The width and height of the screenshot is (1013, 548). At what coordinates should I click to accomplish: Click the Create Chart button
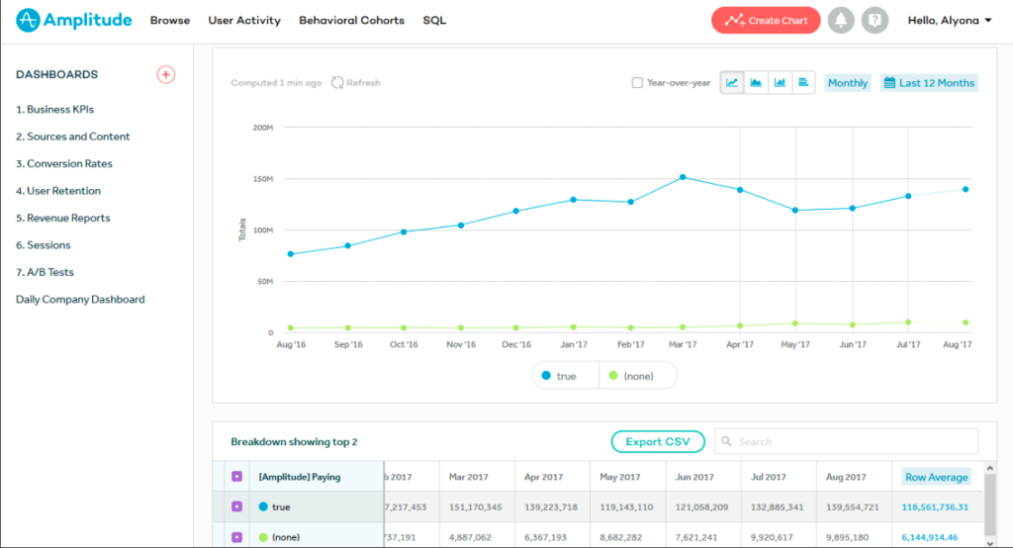[766, 21]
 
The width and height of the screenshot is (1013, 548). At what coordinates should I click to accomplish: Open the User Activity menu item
[244, 21]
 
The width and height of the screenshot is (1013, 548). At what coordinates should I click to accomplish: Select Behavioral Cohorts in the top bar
[351, 21]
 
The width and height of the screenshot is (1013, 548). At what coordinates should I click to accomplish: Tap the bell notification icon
[842, 21]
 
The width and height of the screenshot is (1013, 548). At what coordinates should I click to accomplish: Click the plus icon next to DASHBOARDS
[166, 74]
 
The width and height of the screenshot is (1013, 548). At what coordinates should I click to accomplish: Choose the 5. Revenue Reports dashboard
[62, 218]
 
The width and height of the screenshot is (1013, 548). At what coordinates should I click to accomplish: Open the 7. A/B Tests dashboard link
[45, 272]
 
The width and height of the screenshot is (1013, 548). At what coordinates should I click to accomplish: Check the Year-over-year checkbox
[638, 83]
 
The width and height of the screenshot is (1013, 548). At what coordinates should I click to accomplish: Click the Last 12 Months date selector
[929, 83]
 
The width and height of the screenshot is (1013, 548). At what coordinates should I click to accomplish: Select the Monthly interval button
[848, 83]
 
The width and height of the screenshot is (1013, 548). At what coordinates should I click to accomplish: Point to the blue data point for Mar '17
[683, 177]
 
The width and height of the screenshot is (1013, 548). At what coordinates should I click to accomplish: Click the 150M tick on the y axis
[263, 179]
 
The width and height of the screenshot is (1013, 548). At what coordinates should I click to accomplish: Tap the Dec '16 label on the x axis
[515, 345]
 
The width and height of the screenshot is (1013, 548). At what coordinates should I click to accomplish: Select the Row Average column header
[936, 477]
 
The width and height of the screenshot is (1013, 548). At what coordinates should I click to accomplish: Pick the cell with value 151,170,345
[476, 506]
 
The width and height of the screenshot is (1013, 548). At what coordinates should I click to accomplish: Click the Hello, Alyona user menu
[950, 21]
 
